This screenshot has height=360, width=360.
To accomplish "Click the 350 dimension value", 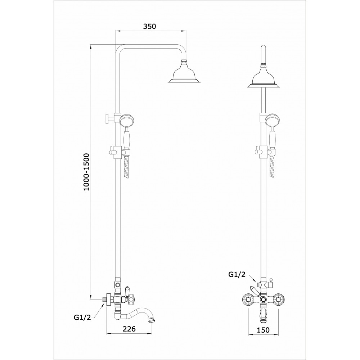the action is point(149,26).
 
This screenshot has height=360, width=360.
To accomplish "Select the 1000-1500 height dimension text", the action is point(87,172).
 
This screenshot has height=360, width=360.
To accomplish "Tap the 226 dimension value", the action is point(129,329).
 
